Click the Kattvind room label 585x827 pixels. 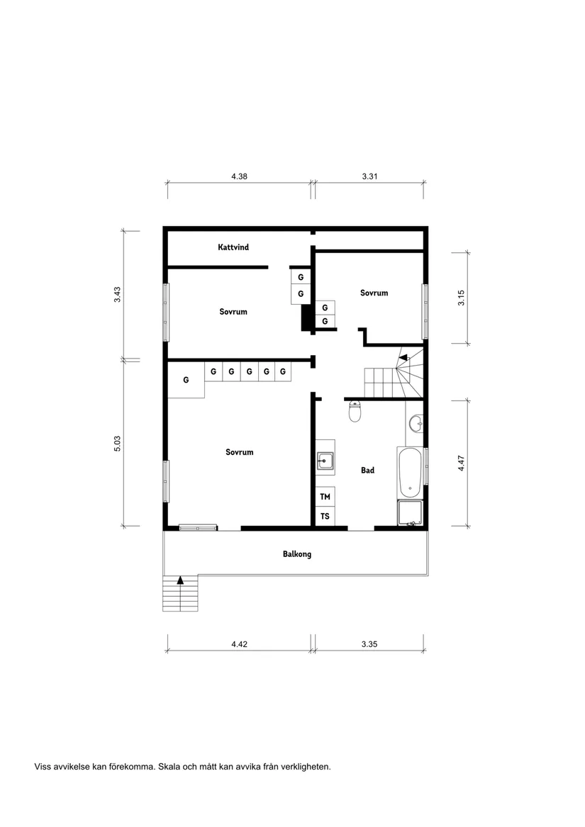[x=233, y=247]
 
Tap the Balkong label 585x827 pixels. [x=296, y=554]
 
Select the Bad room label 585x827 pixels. [x=367, y=470]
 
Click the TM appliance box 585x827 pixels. [x=325, y=497]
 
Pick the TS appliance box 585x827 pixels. [x=325, y=517]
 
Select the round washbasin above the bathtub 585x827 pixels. [x=417, y=424]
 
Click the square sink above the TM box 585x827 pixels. [x=325, y=462]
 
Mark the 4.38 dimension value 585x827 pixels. [x=239, y=176]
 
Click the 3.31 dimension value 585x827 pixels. [x=369, y=176]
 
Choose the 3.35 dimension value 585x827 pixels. [x=369, y=644]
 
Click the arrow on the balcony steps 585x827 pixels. [x=180, y=580]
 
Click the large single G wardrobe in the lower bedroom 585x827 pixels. [x=186, y=380]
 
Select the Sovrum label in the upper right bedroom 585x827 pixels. [x=374, y=293]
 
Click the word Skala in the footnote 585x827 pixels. [x=170, y=766]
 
